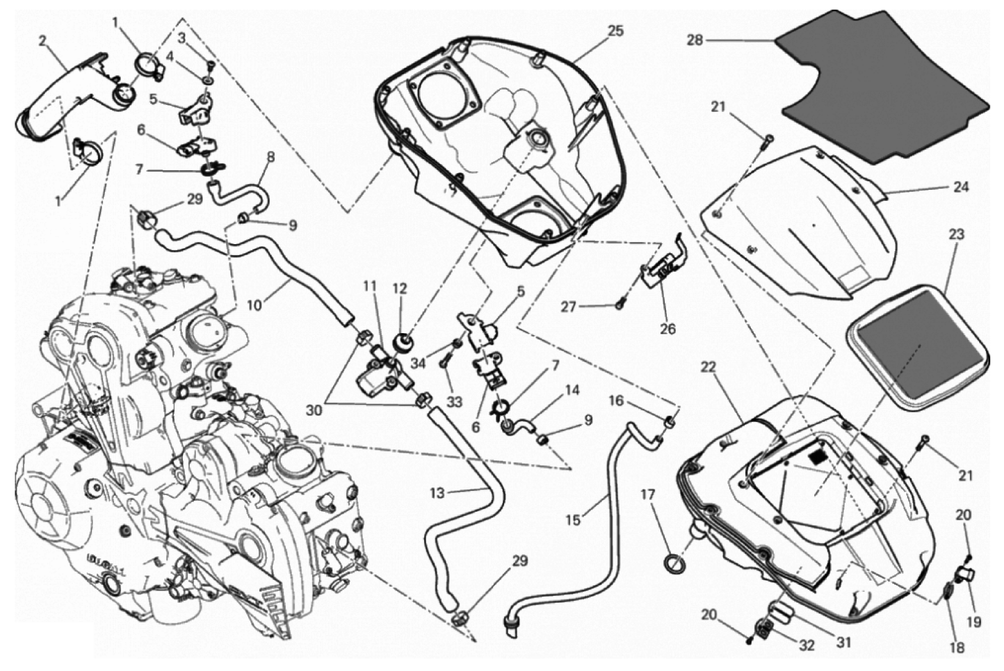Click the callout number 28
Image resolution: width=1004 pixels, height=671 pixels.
coord(696,41)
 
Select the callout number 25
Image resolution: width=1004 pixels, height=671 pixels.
coord(615,31)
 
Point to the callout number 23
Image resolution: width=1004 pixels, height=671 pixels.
coord(956,234)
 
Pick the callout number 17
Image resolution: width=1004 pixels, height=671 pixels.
coord(648,495)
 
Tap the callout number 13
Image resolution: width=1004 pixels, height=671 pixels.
coord(437,493)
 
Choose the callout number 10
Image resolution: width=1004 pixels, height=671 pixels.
coord(254,305)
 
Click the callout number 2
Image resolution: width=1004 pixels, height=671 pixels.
coord(42,41)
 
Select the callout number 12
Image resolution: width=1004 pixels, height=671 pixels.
coord(399,289)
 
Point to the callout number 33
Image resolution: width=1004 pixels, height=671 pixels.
coord(454,402)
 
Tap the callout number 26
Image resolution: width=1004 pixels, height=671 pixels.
coord(667,329)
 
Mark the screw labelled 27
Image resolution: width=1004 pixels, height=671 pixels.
coord(620,305)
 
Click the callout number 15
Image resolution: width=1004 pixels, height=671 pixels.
coord(573,520)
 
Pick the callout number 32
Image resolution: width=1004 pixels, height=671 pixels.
coord(806,645)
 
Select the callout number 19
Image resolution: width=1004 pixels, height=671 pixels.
coord(973,622)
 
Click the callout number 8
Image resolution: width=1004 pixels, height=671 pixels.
coord(270,157)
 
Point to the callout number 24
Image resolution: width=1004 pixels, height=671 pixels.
coord(960,186)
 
